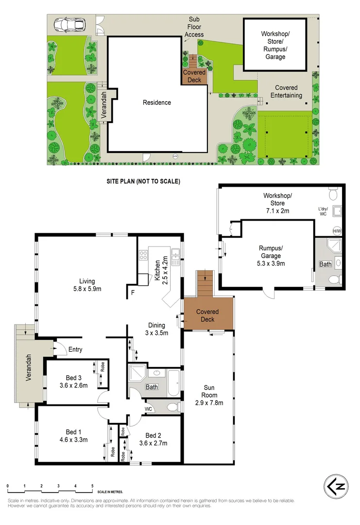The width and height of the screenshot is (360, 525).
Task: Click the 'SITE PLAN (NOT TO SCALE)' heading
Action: (x=143, y=181)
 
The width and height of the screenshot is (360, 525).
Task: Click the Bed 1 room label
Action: (x=70, y=436)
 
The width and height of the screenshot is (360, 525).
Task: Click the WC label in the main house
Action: (x=149, y=409)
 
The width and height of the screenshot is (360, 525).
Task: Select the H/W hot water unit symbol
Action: (x=337, y=231)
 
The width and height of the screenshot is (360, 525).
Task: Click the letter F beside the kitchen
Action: (x=133, y=293)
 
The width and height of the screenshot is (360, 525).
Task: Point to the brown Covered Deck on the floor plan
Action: (x=207, y=315)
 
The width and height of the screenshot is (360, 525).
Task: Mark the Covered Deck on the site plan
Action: (x=194, y=76)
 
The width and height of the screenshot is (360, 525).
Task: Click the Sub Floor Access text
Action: (x=194, y=27)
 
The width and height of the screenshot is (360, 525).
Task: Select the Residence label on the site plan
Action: (x=156, y=103)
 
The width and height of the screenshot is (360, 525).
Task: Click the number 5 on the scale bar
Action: (x=92, y=486)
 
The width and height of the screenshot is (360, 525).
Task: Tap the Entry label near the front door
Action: (x=75, y=350)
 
